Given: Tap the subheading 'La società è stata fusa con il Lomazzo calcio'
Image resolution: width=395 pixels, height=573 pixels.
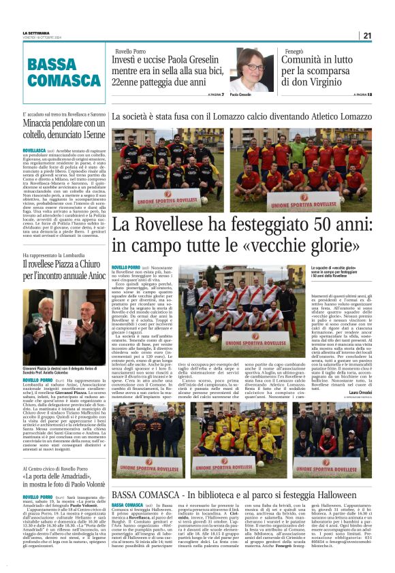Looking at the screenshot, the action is [242, 118].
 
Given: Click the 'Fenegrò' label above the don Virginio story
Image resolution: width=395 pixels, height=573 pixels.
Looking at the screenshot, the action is [294, 51].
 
